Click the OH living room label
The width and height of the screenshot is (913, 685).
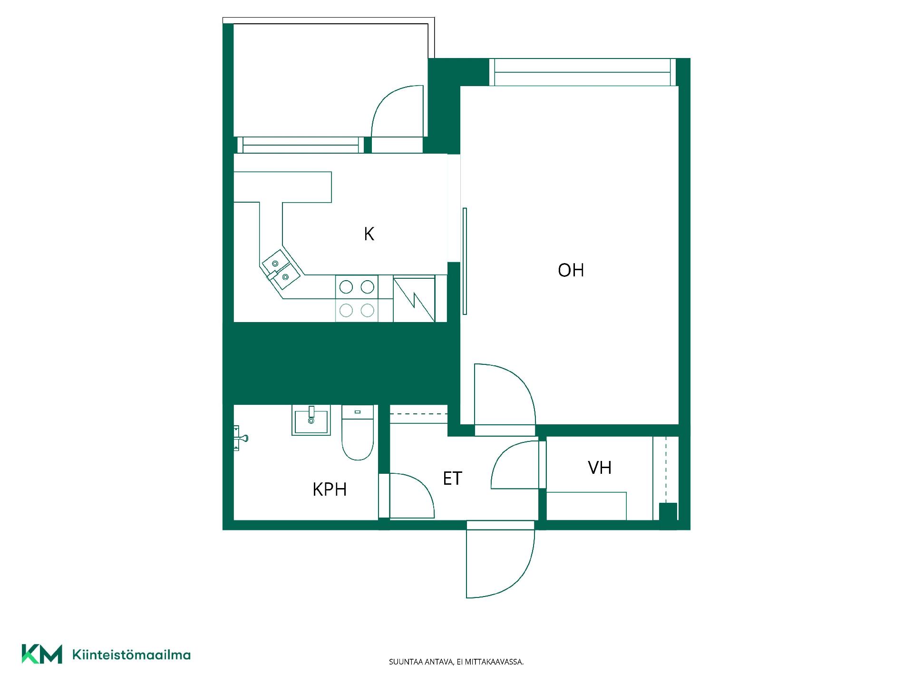pos(571,270)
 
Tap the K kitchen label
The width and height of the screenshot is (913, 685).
pos(369,234)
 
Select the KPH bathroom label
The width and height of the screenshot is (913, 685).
pos(330,489)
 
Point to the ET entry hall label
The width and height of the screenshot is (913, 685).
pos(452,479)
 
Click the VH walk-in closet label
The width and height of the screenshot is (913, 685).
pos(600,468)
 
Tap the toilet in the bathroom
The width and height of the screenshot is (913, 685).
pos(358,432)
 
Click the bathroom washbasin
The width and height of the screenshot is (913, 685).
pos(311,420)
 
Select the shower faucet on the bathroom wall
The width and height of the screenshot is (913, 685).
pos(241,438)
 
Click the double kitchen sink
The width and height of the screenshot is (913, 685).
pos(281,270)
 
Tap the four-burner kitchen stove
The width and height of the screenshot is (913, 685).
pos(357,299)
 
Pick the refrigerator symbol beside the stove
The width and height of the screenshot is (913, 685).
pos(414,299)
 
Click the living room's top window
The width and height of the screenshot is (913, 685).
pos(583,72)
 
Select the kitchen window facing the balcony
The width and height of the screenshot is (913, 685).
pos(301,145)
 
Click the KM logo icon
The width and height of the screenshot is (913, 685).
pos(42,654)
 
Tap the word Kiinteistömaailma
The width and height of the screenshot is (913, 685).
pos(131,655)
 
